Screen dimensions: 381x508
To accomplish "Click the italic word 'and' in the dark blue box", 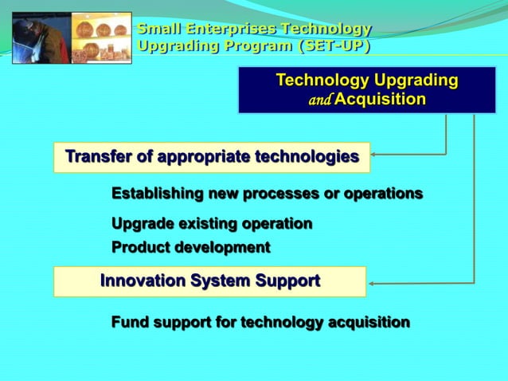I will (x=320, y=100).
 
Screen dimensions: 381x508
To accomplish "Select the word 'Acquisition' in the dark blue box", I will (x=380, y=99).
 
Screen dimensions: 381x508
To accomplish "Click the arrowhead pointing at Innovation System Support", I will (x=373, y=282).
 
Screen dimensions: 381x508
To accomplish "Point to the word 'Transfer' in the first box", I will (x=97, y=155).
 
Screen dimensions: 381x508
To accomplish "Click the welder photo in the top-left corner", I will (x=41, y=37).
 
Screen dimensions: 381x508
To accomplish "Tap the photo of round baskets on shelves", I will (x=101, y=37).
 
